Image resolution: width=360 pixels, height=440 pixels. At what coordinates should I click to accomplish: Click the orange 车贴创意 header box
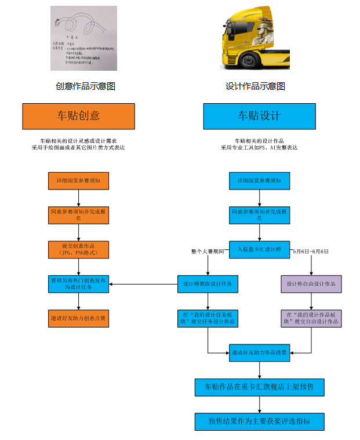(78, 116)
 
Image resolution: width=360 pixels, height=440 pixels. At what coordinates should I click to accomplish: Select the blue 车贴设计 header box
(259, 116)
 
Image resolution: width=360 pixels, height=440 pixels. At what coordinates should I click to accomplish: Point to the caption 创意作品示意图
(85, 86)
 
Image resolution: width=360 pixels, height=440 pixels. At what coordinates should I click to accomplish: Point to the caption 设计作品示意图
(255, 86)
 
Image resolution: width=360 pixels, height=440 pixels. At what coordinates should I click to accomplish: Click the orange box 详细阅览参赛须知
(78, 181)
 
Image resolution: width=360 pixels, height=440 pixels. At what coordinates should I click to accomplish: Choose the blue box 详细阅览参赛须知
(259, 181)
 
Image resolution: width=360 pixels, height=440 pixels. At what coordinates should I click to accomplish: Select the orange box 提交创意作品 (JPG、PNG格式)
(78, 250)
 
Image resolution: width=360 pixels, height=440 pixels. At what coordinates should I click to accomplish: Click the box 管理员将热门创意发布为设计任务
(78, 284)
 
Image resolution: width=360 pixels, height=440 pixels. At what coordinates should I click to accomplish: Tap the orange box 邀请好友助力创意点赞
(78, 318)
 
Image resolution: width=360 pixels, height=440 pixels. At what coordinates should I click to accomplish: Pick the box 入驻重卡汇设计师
(259, 250)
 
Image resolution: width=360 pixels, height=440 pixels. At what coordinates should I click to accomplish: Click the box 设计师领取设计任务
(208, 284)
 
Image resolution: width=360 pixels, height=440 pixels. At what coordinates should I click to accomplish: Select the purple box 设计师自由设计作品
(311, 284)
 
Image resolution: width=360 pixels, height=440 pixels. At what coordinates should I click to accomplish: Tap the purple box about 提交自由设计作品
(311, 318)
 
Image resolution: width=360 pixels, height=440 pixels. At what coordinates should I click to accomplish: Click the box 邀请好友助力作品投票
(259, 352)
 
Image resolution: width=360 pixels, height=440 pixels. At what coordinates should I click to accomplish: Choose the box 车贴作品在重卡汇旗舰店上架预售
(259, 387)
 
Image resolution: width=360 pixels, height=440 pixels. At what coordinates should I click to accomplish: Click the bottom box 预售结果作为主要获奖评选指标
(259, 421)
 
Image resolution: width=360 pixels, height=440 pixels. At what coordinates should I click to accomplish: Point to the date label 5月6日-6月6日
(311, 252)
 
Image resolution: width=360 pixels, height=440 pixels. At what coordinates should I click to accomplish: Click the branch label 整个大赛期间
(208, 252)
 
